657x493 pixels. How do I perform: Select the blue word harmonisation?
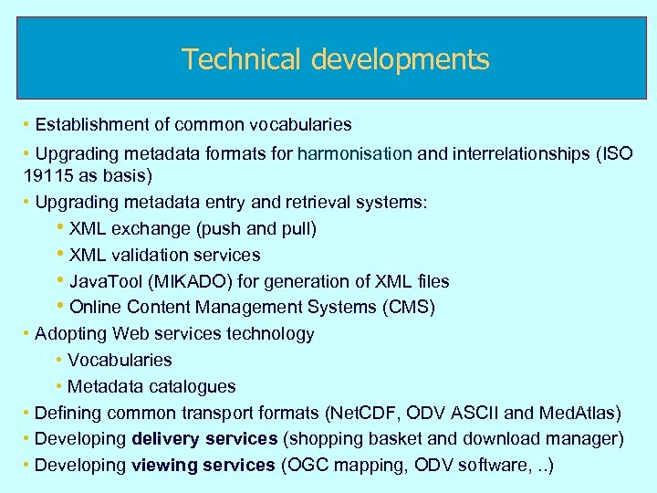[354, 153]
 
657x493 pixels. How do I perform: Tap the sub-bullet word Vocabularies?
[120, 361]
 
